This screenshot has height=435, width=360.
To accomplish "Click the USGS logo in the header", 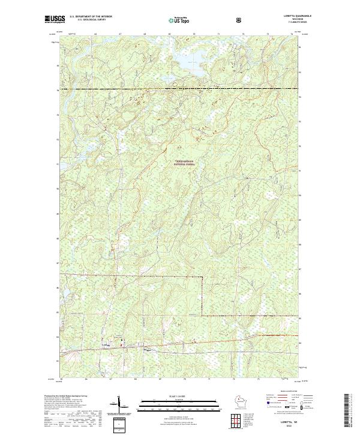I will [x=55, y=20].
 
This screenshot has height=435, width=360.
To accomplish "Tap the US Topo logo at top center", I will [x=178, y=20].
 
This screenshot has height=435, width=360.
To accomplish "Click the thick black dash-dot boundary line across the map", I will [x=180, y=89].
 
